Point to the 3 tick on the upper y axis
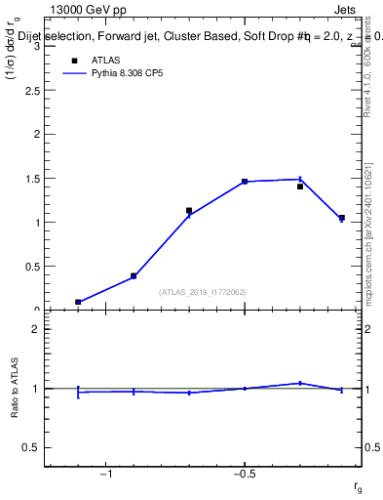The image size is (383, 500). (x=38, y=46)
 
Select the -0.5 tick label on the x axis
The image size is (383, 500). (x=244, y=474)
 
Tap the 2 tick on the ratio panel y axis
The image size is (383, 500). (x=38, y=329)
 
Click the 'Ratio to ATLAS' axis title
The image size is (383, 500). (x=15, y=388)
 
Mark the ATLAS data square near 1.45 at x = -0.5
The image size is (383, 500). (x=245, y=182)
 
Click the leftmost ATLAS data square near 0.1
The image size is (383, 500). (x=78, y=302)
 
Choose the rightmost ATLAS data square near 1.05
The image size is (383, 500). (x=341, y=218)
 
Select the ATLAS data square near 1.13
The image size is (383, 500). (x=189, y=210)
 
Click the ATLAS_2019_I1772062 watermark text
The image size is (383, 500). (x=202, y=291)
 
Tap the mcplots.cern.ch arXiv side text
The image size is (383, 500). (x=367, y=225)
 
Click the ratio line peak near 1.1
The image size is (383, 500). (x=300, y=383)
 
